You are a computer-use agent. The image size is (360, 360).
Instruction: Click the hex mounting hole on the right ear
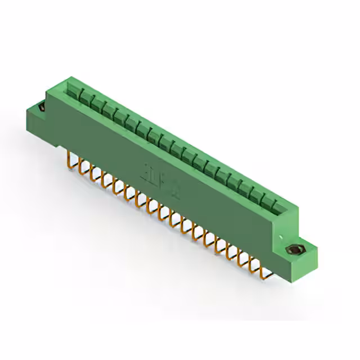(294, 251)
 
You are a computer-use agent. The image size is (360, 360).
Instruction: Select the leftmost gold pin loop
(72, 156)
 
